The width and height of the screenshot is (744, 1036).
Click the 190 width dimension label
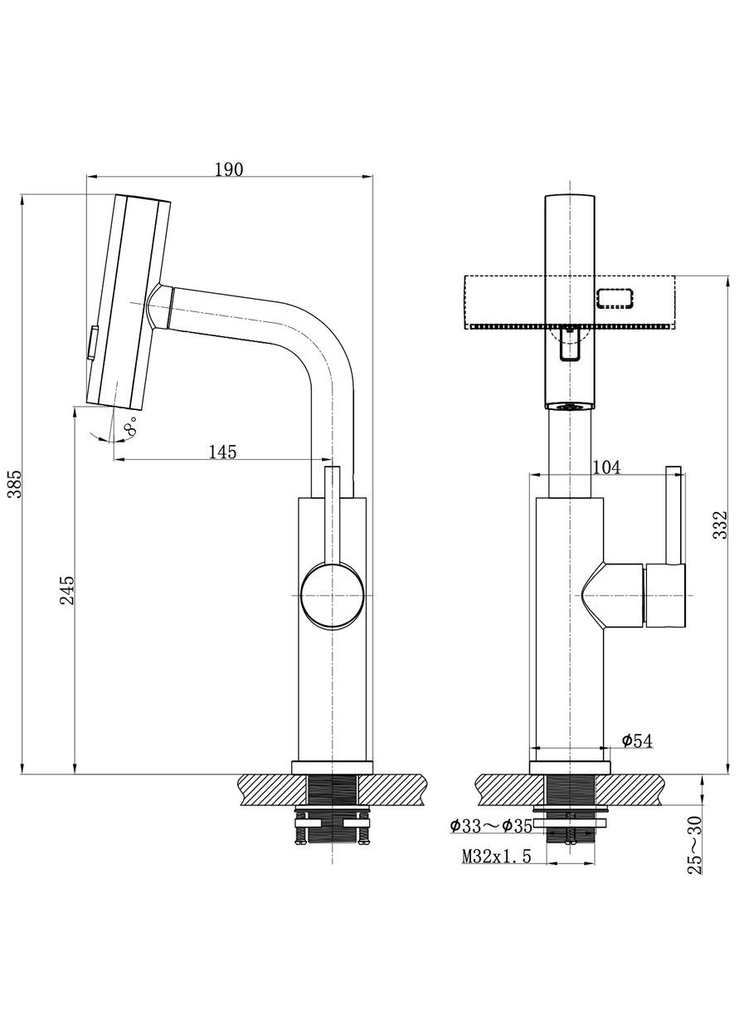[228, 169]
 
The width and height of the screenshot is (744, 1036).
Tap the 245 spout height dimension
[68, 590]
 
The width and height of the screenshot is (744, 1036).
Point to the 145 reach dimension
[222, 452]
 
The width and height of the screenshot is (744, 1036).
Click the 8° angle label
[130, 428]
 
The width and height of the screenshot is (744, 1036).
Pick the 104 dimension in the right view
[605, 467]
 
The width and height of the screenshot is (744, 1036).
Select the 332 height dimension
[720, 525]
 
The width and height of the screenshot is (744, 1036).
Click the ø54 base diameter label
[635, 740]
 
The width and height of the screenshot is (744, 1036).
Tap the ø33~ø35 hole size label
[491, 826]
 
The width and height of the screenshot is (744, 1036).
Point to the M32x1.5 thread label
[496, 857]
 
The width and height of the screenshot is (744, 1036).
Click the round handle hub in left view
[332, 594]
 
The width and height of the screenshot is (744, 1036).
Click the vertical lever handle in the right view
[673, 515]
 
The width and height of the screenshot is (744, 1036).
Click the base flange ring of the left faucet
[332, 767]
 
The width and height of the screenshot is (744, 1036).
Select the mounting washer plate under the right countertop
[571, 823]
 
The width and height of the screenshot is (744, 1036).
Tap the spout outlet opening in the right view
[570, 406]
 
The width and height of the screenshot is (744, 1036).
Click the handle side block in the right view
[666, 594]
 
